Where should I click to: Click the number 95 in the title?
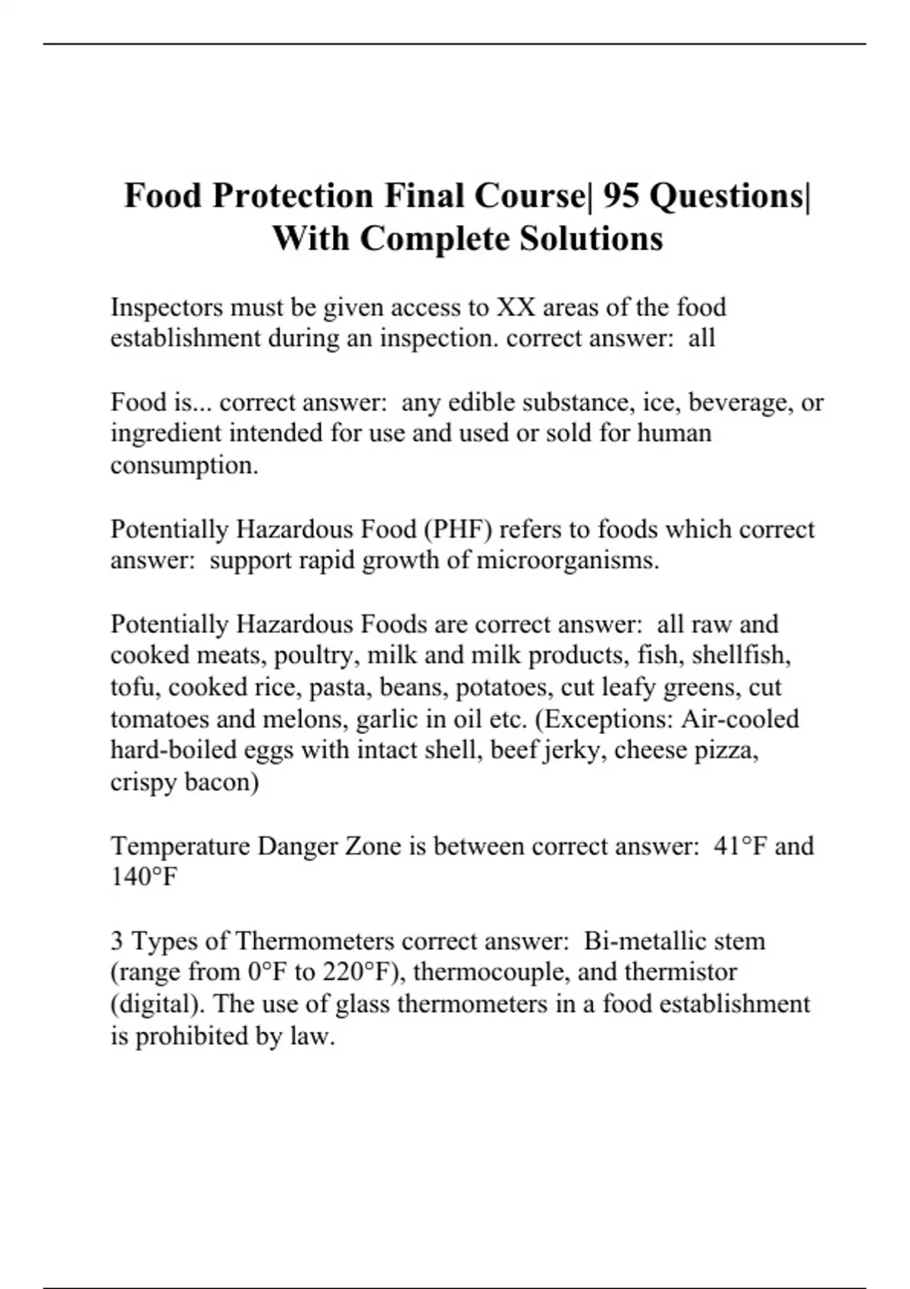click(621, 196)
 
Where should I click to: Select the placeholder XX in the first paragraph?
click(516, 307)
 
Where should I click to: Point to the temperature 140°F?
click(144, 877)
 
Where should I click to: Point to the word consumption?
click(184, 466)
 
